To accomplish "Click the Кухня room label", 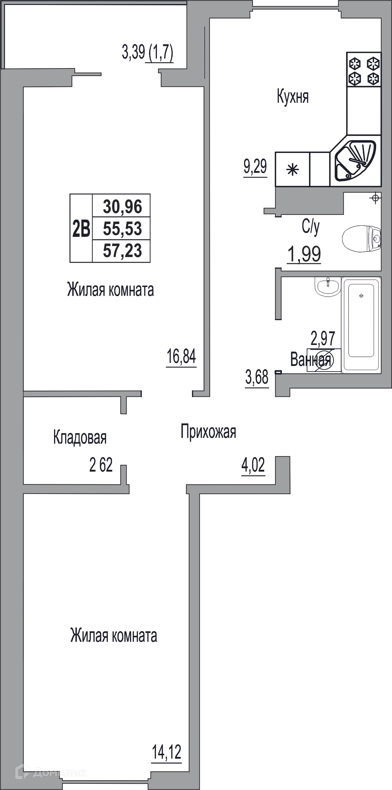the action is (x=293, y=97).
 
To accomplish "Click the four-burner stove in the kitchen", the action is (x=364, y=70).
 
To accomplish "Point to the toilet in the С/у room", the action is (x=361, y=238).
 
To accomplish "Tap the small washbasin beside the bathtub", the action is (x=327, y=286).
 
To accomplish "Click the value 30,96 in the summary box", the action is (x=122, y=207).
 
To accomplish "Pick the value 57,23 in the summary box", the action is (x=122, y=251).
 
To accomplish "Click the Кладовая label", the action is (x=80, y=437).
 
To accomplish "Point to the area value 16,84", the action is (x=181, y=356).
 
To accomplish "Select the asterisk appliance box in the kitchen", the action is (x=292, y=169).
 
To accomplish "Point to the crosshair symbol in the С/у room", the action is (x=375, y=198).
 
